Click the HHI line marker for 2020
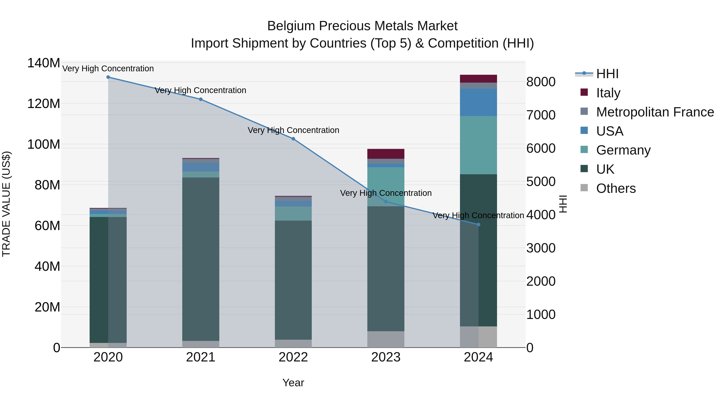(108, 77)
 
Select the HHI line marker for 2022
(293, 139)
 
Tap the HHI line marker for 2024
(478, 225)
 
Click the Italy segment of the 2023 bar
(386, 154)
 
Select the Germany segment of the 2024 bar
(478, 145)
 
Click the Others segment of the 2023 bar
(386, 339)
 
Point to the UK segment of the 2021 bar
(201, 259)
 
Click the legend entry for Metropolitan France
(655, 112)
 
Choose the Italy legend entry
(608, 93)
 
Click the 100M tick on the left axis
(44, 144)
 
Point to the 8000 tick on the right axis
(541, 82)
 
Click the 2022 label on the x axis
(293, 357)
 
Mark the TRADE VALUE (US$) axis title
(6, 204)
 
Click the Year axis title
(293, 383)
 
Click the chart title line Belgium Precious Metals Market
(362, 26)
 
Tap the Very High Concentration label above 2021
(200, 90)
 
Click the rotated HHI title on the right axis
(563, 204)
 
